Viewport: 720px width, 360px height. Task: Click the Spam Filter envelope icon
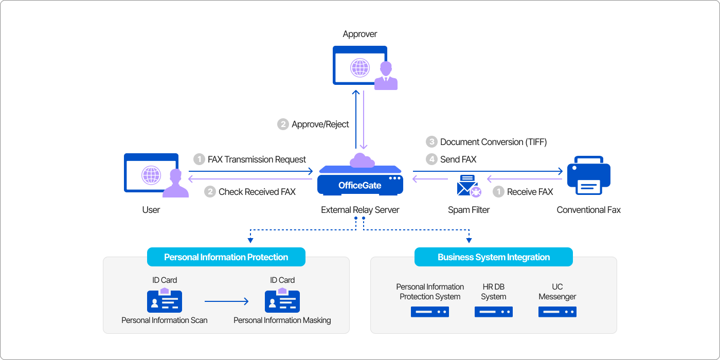(x=469, y=186)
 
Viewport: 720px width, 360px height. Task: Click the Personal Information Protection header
(x=226, y=257)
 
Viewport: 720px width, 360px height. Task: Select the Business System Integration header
(x=494, y=257)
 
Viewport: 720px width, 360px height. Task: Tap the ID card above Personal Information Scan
(x=165, y=301)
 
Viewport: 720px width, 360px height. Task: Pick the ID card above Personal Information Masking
(x=282, y=301)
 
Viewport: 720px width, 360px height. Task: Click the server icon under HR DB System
(x=494, y=312)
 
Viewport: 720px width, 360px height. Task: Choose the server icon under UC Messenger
(x=557, y=312)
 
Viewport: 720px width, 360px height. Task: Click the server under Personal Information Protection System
(x=430, y=312)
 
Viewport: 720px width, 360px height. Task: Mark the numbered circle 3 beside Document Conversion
(x=431, y=142)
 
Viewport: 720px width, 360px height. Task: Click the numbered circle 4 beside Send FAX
(x=431, y=159)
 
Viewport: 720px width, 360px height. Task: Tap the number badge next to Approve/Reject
(x=283, y=124)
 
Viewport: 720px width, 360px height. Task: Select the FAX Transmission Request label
(x=257, y=159)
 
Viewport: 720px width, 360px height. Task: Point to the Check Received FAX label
(x=257, y=192)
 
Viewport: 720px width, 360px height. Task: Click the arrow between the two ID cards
(x=226, y=302)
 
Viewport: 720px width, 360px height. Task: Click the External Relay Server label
(x=360, y=210)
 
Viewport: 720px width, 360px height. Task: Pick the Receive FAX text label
(x=530, y=192)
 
